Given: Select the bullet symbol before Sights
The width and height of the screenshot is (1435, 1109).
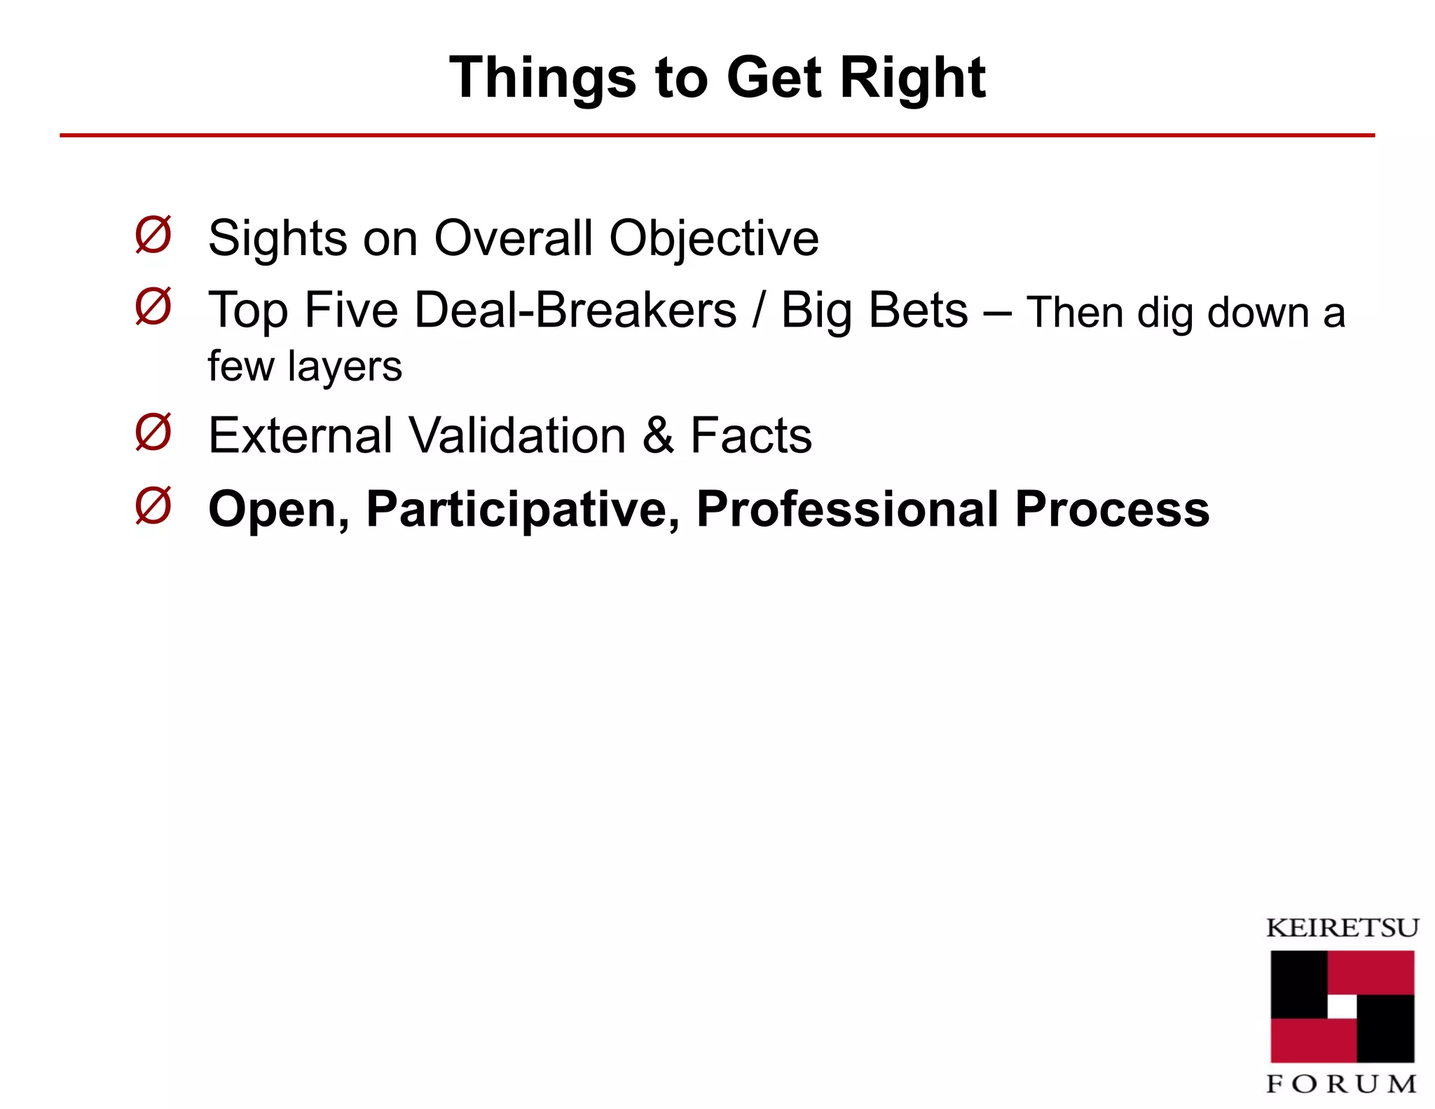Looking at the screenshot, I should pos(153,235).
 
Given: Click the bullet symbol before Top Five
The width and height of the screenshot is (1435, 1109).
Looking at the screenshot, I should pos(153,306).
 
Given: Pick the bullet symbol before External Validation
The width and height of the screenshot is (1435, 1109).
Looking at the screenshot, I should pos(153,433).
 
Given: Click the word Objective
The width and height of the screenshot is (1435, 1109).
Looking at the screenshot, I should pos(713,239).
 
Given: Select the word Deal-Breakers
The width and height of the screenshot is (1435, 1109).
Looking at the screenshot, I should pos(575,310).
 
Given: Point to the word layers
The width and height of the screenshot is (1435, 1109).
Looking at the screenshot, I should pos(344,367).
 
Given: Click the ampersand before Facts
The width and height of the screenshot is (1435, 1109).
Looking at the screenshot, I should pos(658,435).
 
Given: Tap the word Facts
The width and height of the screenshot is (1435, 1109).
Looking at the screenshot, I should pos(751,435).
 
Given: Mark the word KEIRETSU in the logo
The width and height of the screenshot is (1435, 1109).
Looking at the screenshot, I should pos(1342,928).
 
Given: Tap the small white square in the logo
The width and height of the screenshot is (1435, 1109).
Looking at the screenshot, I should pos(1342,1007).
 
